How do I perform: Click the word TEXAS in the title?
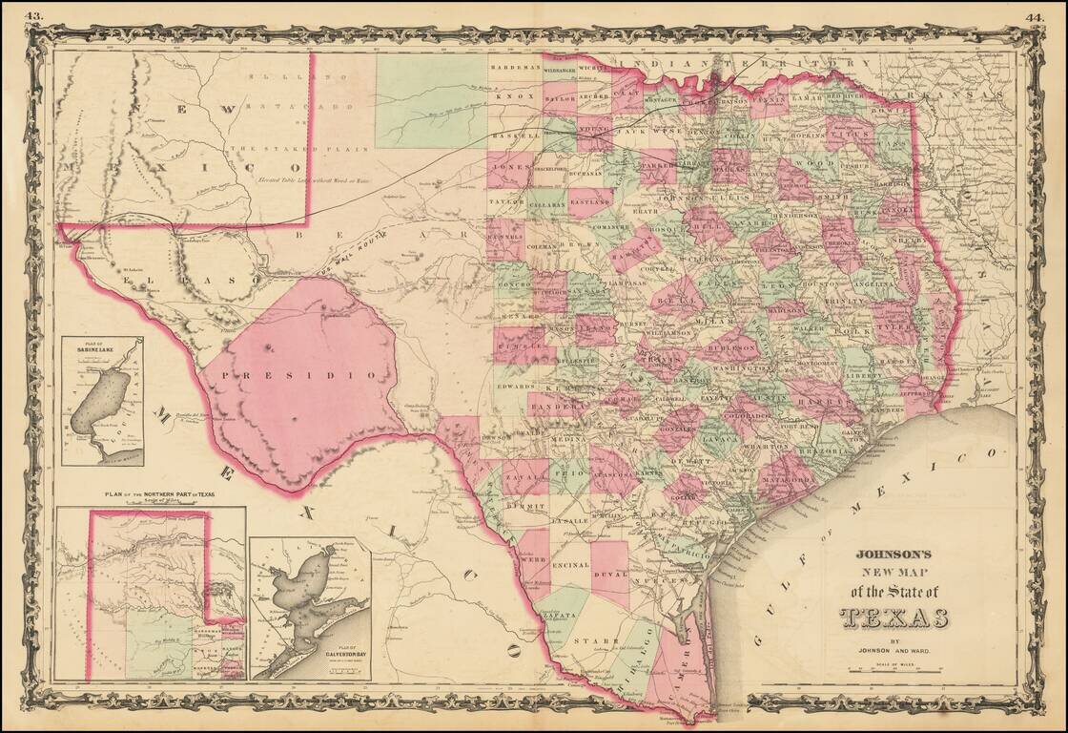pos(893,618)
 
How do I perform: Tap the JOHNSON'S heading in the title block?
pos(893,553)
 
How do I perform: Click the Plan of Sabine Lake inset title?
pos(102,346)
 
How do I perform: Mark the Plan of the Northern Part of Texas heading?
pos(150,493)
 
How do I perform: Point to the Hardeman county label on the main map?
pos(515,68)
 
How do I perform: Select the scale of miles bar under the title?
pos(893,670)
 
